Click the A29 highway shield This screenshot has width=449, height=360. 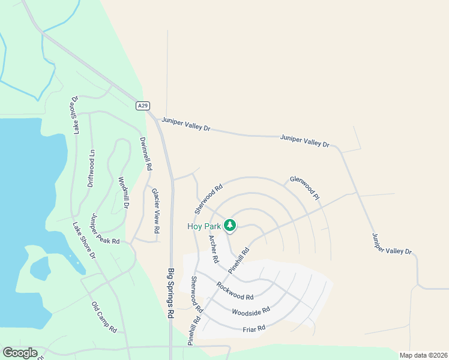142,106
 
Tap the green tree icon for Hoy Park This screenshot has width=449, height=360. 230,226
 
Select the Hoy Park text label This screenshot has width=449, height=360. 203,226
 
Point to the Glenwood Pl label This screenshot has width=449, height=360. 304,186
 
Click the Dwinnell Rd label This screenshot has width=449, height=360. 144,155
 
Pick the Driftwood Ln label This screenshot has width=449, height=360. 92,168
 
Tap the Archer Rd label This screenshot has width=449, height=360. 213,249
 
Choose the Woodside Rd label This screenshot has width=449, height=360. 251,313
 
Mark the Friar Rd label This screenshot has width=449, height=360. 253,328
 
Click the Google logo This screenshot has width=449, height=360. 20,353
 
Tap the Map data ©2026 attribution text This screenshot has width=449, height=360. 423,355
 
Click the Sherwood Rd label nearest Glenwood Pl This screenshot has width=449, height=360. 208,199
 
